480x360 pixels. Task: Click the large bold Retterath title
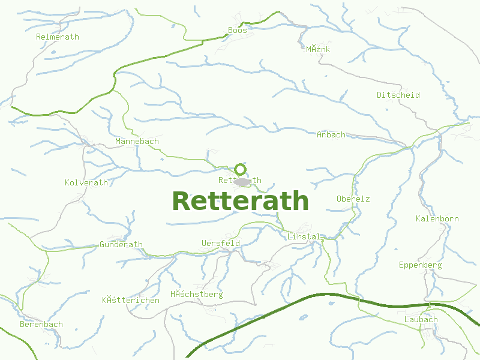(240, 201)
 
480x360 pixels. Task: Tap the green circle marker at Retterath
(240, 169)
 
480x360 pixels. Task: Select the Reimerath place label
(58, 37)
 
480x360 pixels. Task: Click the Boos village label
(238, 30)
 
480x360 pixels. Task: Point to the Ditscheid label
(398, 95)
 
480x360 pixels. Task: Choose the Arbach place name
(331, 134)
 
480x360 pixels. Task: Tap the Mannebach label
(137, 141)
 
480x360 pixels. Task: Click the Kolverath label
(86, 182)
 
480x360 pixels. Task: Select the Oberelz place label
(353, 199)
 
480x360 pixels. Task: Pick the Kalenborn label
(437, 218)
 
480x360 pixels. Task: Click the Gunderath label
(121, 244)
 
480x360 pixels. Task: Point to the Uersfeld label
(221, 243)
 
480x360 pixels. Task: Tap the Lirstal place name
(304, 237)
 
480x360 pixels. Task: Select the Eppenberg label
(420, 265)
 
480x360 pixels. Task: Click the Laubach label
(421, 319)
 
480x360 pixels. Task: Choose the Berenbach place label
(41, 324)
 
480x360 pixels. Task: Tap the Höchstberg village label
(196, 294)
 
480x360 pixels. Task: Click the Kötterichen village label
(131, 300)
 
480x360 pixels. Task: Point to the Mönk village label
(318, 49)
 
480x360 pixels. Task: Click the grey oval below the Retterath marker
(242, 181)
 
